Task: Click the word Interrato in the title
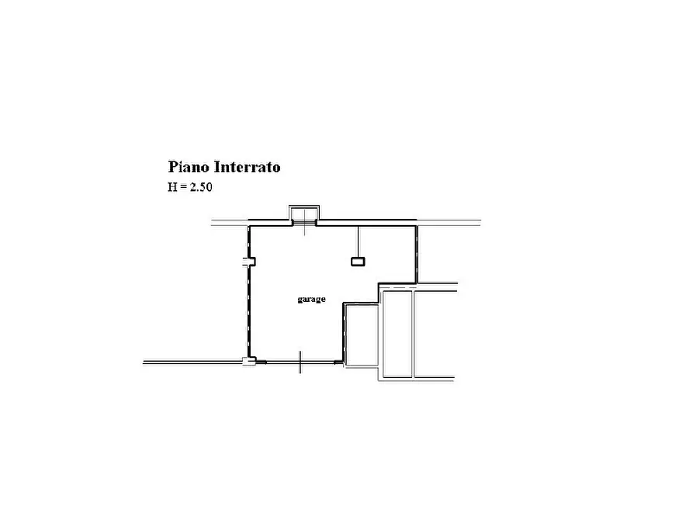click(x=248, y=167)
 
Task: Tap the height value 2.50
click(x=201, y=187)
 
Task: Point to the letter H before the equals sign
click(x=172, y=187)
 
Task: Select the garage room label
click(x=312, y=300)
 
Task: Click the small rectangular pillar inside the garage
click(x=358, y=262)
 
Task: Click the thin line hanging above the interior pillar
click(x=359, y=242)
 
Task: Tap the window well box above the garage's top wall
click(x=304, y=213)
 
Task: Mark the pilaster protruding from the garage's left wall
click(x=250, y=262)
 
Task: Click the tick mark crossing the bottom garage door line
click(x=300, y=362)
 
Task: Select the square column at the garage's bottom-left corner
click(x=249, y=361)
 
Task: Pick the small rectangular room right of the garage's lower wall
click(x=362, y=335)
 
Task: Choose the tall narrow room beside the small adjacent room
click(x=397, y=334)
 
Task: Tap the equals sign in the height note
click(x=183, y=188)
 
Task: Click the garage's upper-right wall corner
click(x=416, y=226)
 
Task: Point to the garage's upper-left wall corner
click(x=249, y=227)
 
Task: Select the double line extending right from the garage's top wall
click(x=449, y=223)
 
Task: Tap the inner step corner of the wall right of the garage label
click(x=344, y=303)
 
